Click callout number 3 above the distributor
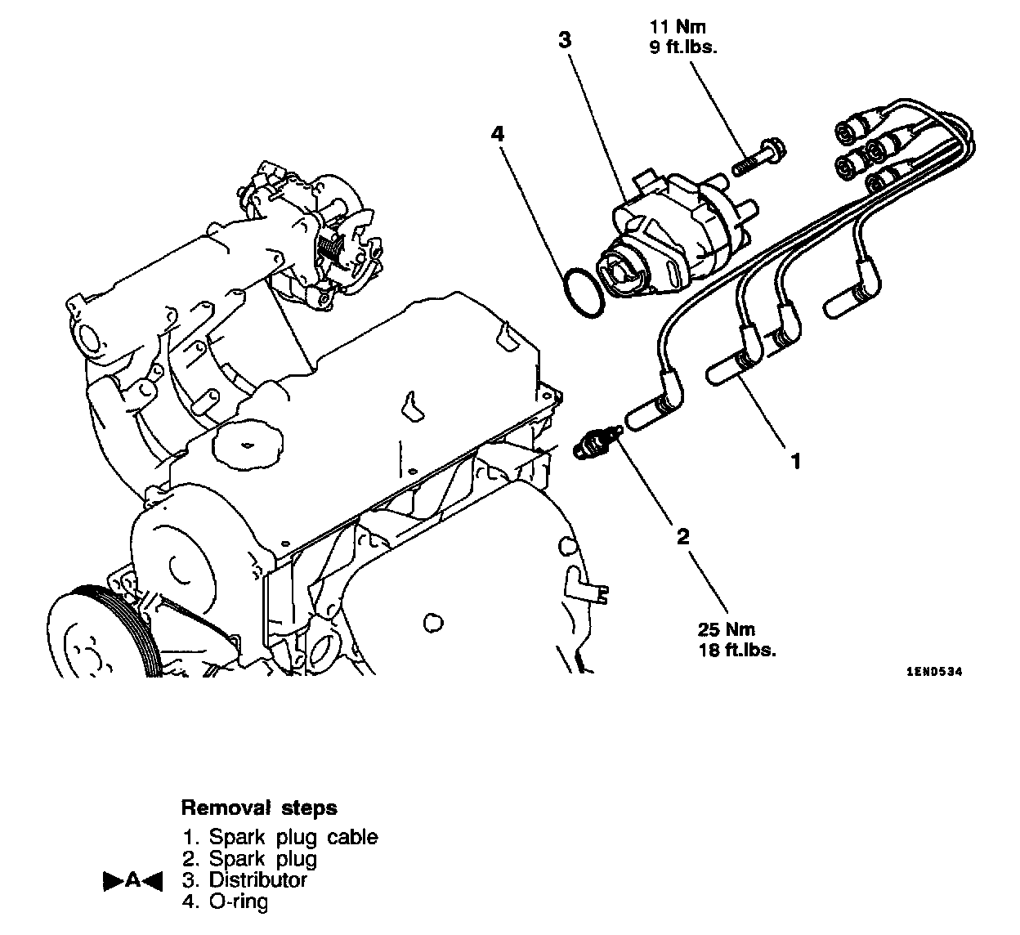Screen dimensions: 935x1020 pyautogui.click(x=565, y=39)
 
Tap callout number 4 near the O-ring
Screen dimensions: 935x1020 pyautogui.click(x=497, y=133)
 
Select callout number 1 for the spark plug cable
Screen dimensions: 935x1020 pyautogui.click(x=795, y=462)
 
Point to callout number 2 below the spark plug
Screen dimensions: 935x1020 pyautogui.click(x=682, y=536)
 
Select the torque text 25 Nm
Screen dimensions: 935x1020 pyautogui.click(x=727, y=630)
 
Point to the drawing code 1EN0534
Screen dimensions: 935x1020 pyautogui.click(x=934, y=672)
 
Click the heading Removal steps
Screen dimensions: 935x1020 pyautogui.click(x=258, y=808)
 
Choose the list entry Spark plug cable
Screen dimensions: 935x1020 pyautogui.click(x=293, y=837)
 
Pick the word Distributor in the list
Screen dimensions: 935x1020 pyautogui.click(x=257, y=880)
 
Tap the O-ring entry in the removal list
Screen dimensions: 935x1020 pyautogui.click(x=238, y=901)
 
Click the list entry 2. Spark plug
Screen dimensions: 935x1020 pyautogui.click(x=262, y=859)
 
